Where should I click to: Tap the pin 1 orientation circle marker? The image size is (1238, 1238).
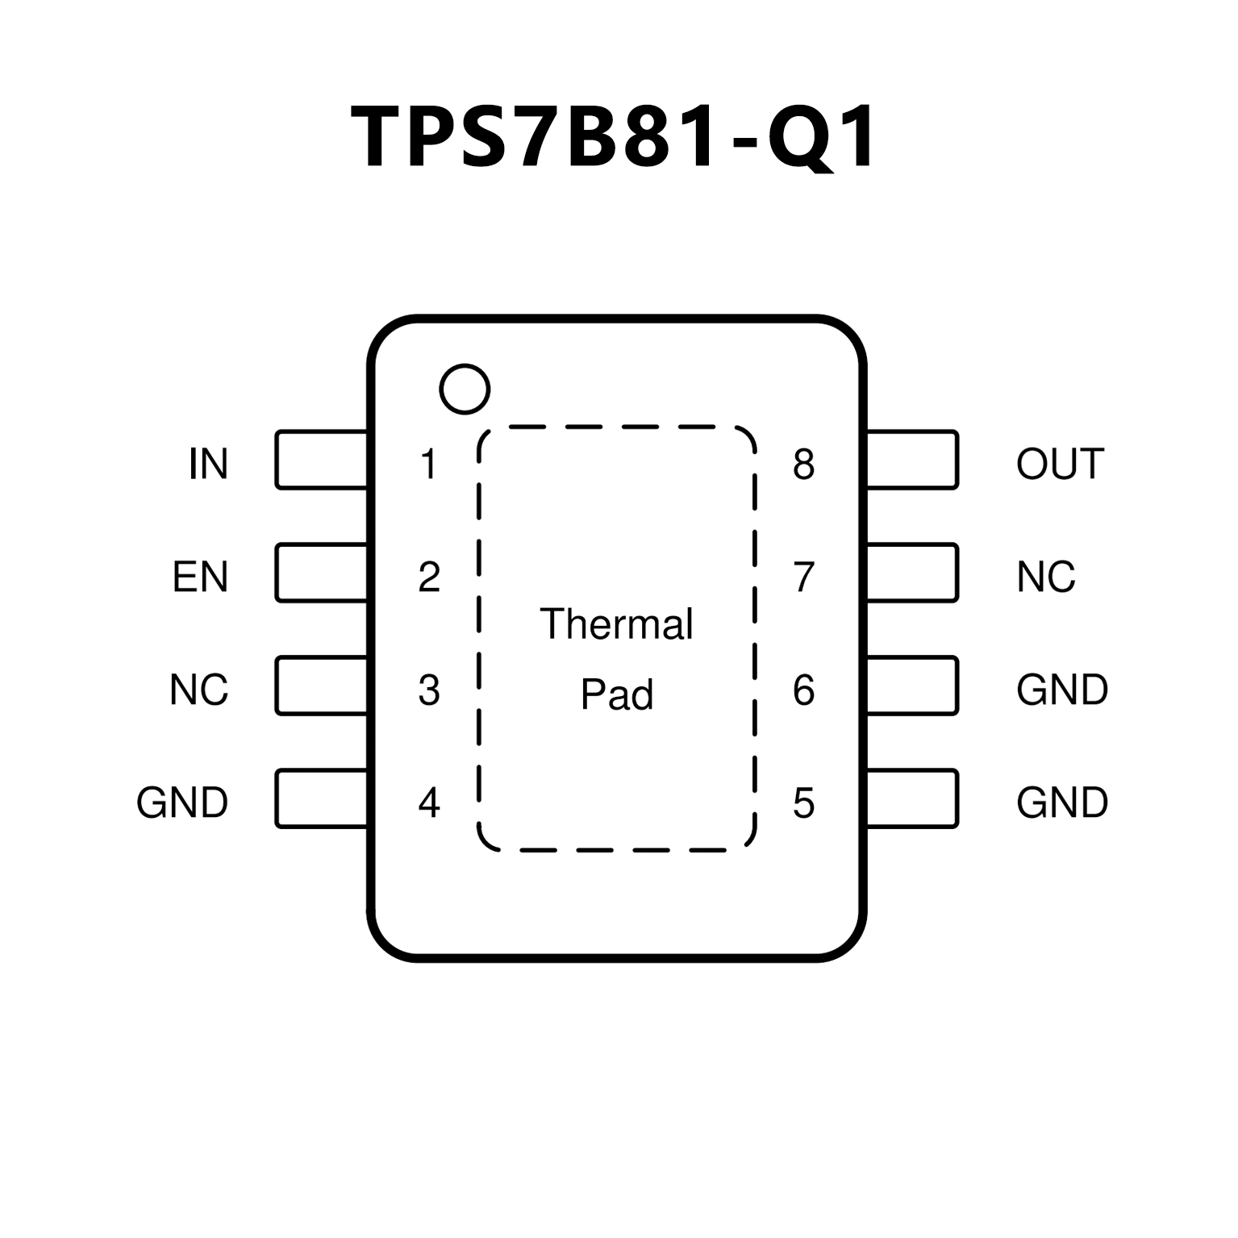click(x=465, y=390)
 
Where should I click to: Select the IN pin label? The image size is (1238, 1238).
click(x=208, y=464)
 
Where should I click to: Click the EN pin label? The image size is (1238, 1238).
click(x=200, y=577)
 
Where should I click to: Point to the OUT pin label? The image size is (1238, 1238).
click(x=1060, y=464)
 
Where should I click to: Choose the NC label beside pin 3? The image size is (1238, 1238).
click(x=198, y=690)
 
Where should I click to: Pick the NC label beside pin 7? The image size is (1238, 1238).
click(x=1045, y=577)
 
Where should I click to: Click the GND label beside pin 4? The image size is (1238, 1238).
click(x=182, y=802)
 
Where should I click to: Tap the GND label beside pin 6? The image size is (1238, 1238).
click(x=1062, y=690)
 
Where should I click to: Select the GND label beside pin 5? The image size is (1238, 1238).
click(x=1062, y=802)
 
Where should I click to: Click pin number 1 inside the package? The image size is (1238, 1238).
click(x=428, y=464)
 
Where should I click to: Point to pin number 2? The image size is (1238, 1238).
click(x=429, y=577)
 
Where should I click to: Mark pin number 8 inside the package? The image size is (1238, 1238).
click(x=803, y=464)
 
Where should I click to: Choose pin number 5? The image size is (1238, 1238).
click(x=803, y=802)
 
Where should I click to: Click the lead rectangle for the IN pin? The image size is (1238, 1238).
click(x=321, y=460)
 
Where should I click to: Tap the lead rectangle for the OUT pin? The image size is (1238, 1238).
click(x=911, y=460)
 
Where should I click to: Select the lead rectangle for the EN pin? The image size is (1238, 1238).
click(x=321, y=573)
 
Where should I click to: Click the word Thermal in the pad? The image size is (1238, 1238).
click(x=616, y=624)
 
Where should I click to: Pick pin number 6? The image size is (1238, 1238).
click(x=803, y=690)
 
